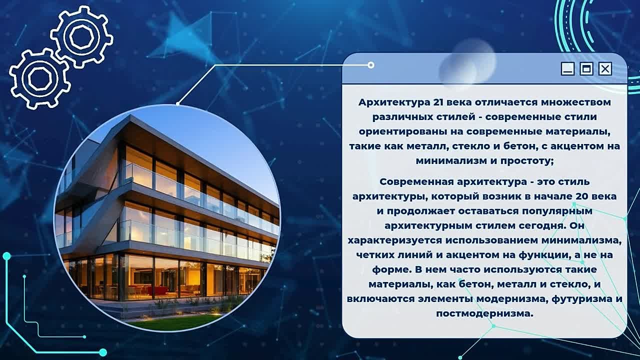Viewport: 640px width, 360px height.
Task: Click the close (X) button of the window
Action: [x=605, y=69]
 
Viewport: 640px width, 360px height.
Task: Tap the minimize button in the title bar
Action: [x=567, y=69]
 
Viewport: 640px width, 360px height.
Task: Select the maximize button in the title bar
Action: [x=586, y=69]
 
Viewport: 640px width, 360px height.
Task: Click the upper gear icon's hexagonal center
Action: [x=81, y=37]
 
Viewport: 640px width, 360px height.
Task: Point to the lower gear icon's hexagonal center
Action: [x=39, y=78]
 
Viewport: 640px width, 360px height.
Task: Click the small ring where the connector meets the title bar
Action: [x=371, y=65]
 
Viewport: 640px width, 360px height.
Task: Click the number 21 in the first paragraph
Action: [x=438, y=102]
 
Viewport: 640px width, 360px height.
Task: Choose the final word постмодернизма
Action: [x=485, y=313]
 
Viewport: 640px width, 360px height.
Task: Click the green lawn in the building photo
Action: [x=183, y=321]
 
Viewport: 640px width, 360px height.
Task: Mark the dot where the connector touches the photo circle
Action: [x=177, y=104]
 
